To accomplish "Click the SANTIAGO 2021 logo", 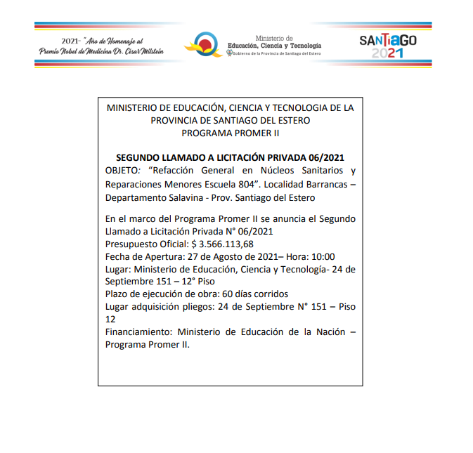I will [388, 46].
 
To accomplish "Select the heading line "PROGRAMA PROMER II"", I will [231, 132].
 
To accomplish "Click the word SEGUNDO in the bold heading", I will [138, 158].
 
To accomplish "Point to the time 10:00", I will [320, 256].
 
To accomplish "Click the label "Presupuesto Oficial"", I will [145, 244].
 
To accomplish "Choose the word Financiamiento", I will [138, 332].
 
